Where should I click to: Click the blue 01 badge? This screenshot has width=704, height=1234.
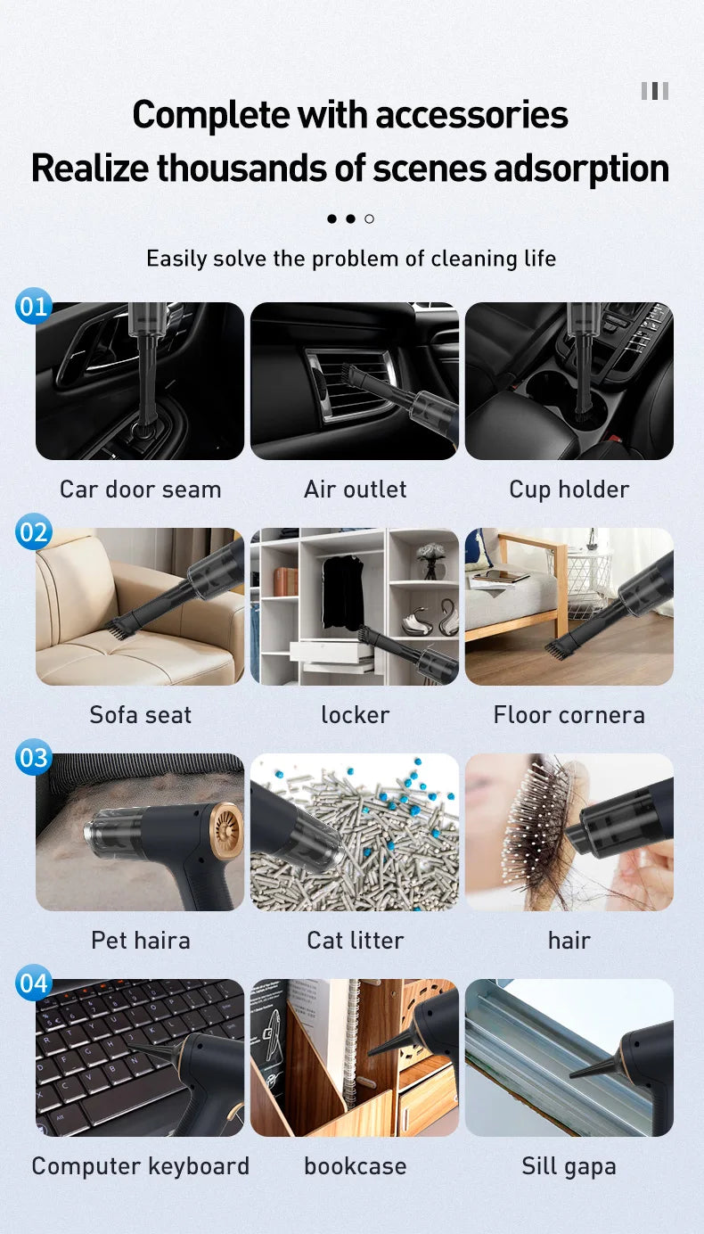point(34,307)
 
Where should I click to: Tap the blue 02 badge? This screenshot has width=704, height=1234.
point(34,532)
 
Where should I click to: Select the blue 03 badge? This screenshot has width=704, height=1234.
point(34,758)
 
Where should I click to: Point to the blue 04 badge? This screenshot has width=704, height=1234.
point(34,983)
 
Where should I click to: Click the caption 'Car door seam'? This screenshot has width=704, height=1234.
point(140,489)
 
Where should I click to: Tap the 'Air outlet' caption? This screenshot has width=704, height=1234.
point(355,489)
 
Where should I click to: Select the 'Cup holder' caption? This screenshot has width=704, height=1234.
point(569,489)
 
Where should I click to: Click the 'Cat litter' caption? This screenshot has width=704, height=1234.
point(355,941)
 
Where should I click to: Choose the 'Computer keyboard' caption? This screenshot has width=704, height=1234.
point(140,1166)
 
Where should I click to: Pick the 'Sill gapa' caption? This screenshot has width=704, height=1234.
point(569,1166)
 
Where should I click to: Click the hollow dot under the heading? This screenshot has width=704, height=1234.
point(370,218)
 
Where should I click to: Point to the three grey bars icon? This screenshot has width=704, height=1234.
point(654,91)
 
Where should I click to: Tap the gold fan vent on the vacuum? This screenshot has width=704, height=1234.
point(226,831)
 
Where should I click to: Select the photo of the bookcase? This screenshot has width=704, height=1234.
point(355,1057)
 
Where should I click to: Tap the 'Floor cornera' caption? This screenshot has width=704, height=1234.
point(569,715)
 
